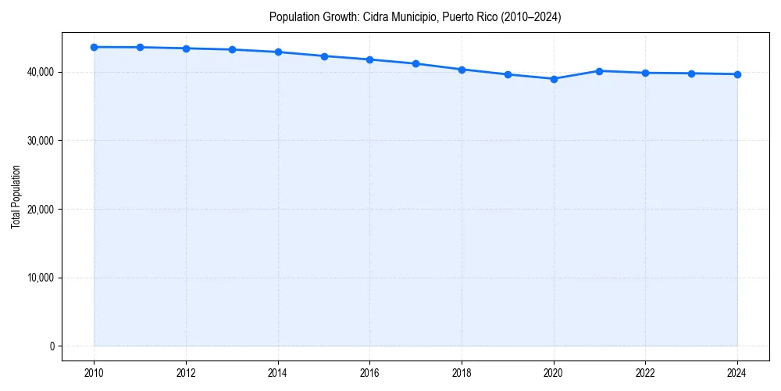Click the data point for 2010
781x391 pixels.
click(94, 47)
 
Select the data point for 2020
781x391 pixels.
click(554, 79)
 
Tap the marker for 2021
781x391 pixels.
click(599, 71)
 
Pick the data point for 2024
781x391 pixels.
click(737, 74)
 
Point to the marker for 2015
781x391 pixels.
click(324, 56)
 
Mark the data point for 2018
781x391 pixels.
click(462, 70)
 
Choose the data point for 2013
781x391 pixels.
click(232, 49)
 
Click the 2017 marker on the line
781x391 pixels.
click(415, 63)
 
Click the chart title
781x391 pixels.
click(415, 16)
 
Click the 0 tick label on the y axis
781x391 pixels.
click(51, 346)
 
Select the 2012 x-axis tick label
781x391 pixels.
click(186, 373)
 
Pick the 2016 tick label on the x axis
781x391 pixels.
click(369, 373)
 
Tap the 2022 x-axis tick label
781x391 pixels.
click(645, 373)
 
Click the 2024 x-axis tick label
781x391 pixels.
click(737, 373)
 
